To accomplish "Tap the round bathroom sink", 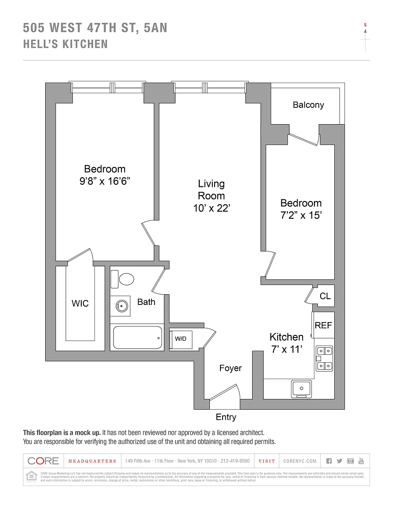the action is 121,305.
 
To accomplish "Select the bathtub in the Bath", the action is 137,338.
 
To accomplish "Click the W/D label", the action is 181,339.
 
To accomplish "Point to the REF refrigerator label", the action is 323,325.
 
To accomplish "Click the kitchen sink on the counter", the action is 301,388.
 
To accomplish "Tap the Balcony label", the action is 308,105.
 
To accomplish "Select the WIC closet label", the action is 80,304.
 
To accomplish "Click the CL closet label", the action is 325,296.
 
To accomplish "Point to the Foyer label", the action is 231,368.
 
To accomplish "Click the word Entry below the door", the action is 226,417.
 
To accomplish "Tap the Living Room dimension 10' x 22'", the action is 212,208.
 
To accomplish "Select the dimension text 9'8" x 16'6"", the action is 105,181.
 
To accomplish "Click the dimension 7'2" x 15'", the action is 301,215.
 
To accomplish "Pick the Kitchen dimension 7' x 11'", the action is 286,349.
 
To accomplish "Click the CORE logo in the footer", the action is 43,461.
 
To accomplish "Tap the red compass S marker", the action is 365,25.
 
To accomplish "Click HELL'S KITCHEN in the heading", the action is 65,44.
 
